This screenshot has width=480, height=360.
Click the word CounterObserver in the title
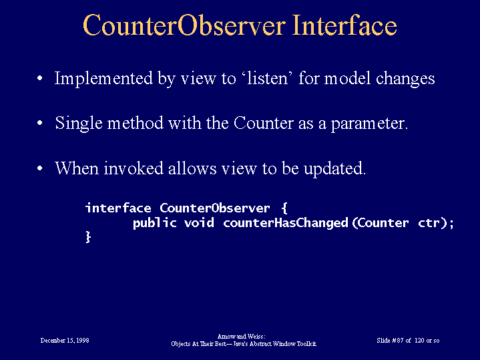coord(184,25)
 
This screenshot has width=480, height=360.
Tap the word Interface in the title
coord(344,25)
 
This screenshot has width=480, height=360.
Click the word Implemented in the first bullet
coord(103,79)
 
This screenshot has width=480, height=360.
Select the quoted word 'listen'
coord(268,78)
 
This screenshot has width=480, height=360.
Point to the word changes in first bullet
coord(405,79)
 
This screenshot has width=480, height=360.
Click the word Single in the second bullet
coord(79,124)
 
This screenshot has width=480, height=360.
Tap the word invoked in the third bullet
coord(133,168)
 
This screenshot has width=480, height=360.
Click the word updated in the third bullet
coord(335,169)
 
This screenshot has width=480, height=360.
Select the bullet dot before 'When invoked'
coord(40,169)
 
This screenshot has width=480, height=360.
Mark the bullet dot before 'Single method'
coord(40,124)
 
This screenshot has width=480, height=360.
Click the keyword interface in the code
coord(118,208)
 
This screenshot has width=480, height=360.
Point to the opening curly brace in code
coord(284,208)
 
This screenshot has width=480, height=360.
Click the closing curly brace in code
coord(88,237)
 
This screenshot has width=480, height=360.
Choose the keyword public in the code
coord(155,223)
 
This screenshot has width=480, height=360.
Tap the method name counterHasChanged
coord(286,223)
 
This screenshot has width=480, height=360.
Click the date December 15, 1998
coord(65,341)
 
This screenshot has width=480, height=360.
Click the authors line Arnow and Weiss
coord(242,337)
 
